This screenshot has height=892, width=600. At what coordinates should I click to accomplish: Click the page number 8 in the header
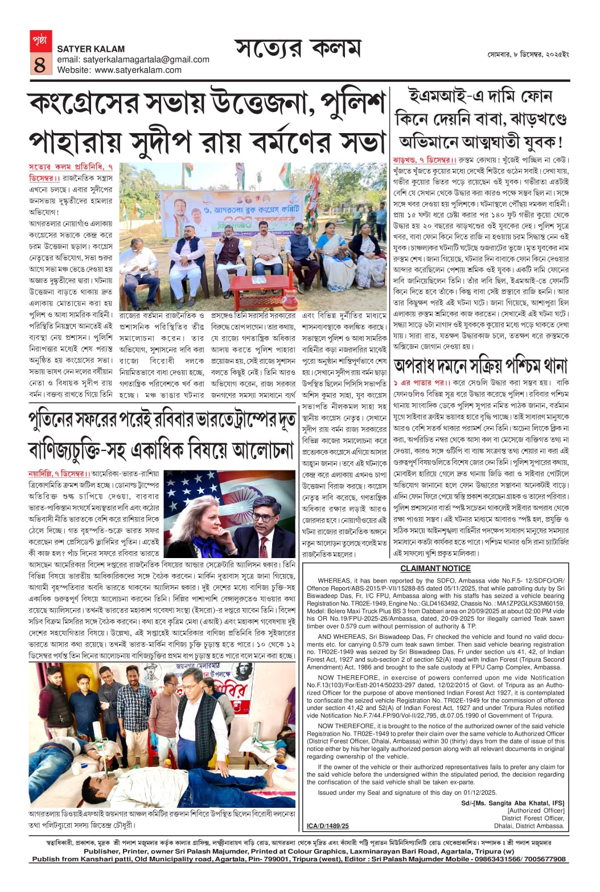[x=39, y=64]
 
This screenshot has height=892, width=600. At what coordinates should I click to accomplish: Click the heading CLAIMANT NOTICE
[x=435, y=568]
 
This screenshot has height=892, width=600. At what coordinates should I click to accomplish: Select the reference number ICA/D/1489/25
[x=327, y=825]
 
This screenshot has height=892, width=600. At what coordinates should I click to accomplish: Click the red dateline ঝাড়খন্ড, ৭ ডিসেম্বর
[x=422, y=160]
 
